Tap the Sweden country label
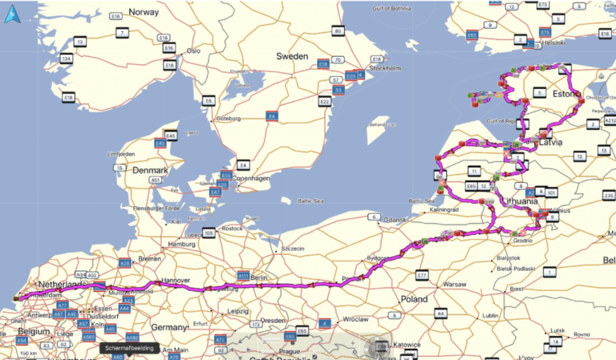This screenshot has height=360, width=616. click(293, 56)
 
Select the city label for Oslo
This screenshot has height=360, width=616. click(192, 50)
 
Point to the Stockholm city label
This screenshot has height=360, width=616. click(385, 69)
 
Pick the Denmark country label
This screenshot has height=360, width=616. click(151, 171)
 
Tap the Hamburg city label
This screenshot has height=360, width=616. click(183, 244)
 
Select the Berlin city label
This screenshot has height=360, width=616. click(257, 277)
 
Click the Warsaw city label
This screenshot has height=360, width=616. click(455, 284)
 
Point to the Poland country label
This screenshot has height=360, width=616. click(415, 298)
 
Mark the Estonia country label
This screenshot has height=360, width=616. click(566, 94)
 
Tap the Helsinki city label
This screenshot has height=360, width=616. click(554, 42)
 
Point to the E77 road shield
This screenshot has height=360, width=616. click(422, 275)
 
